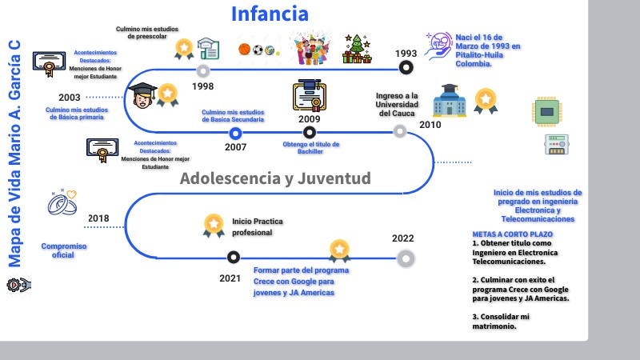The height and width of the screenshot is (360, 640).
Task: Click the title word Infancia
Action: point(270,14)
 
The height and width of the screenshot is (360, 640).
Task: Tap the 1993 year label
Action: point(406,54)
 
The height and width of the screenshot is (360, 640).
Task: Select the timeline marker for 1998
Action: point(203,70)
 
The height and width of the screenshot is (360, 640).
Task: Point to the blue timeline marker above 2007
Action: point(235,133)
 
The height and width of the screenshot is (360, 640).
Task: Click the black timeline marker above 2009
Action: point(310,133)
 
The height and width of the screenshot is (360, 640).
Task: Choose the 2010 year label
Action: point(430,125)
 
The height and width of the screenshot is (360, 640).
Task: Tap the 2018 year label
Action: point(98,218)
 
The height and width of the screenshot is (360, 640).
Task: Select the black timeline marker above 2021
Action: point(233,258)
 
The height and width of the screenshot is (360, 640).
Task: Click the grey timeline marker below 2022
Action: point(406,258)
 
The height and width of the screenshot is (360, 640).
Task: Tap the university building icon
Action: point(448,102)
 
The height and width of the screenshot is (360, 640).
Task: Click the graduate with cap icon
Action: point(143,97)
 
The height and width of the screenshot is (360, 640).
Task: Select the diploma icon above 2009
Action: point(308,95)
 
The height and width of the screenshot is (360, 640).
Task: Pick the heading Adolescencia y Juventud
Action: point(275,178)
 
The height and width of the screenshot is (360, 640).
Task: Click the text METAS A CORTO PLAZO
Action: point(512,234)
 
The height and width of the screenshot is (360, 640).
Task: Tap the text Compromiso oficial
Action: point(63,250)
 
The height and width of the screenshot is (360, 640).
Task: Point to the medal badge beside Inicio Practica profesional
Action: point(214,225)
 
